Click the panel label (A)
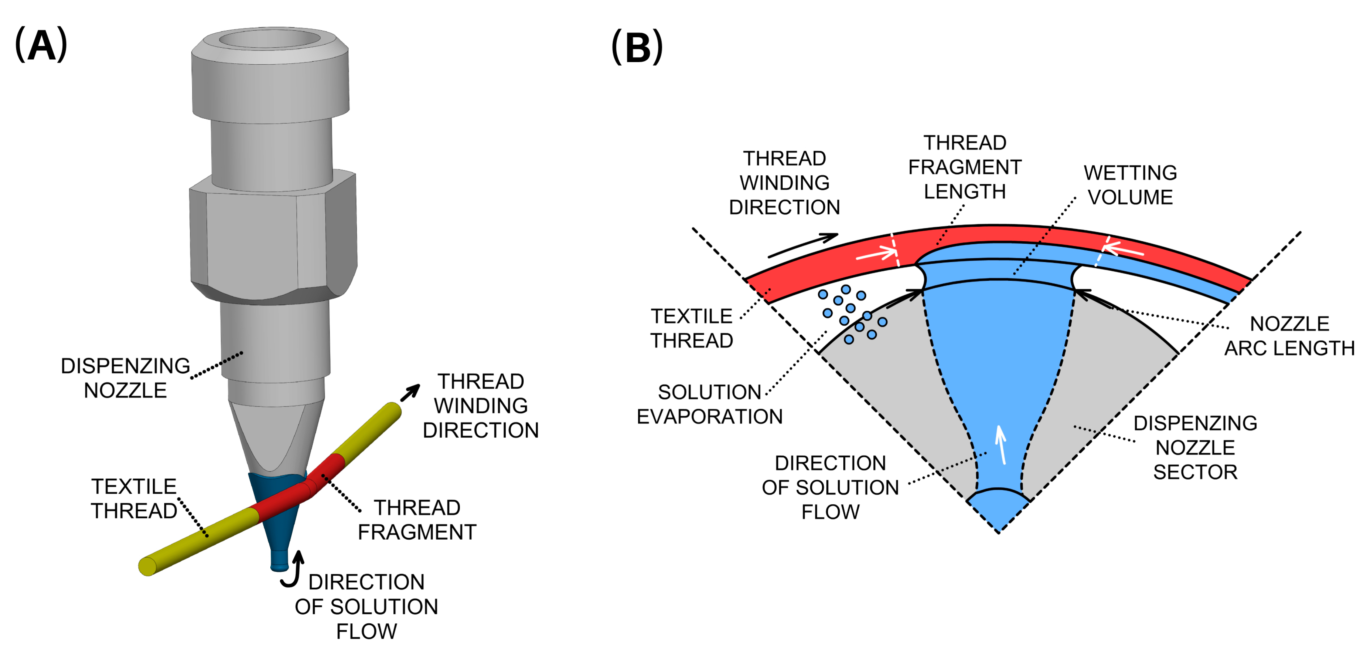tap(41, 45)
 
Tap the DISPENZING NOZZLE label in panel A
tap(125, 378)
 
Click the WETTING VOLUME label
tap(1130, 185)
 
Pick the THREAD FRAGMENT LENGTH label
tap(965, 167)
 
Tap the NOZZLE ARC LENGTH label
tap(1289, 336)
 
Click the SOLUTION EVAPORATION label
tap(710, 404)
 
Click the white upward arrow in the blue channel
tap(1001, 445)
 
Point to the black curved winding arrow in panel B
tap(803, 245)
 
